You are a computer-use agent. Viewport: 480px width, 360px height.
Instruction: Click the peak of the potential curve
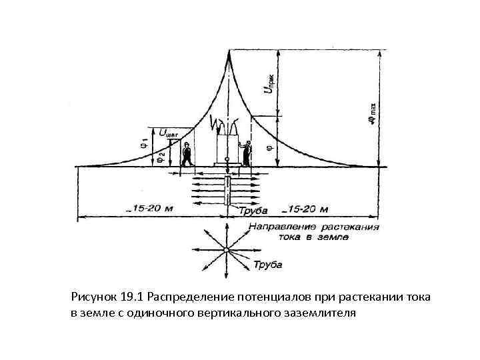click(229, 51)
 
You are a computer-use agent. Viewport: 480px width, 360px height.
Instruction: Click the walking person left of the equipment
click(188, 155)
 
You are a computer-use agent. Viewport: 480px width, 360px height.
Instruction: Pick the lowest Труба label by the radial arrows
click(269, 265)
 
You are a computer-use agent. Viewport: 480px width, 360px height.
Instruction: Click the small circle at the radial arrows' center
click(227, 250)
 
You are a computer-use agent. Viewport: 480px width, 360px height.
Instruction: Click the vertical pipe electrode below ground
click(227, 190)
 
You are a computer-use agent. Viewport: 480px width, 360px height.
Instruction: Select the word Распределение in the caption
click(189, 296)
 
